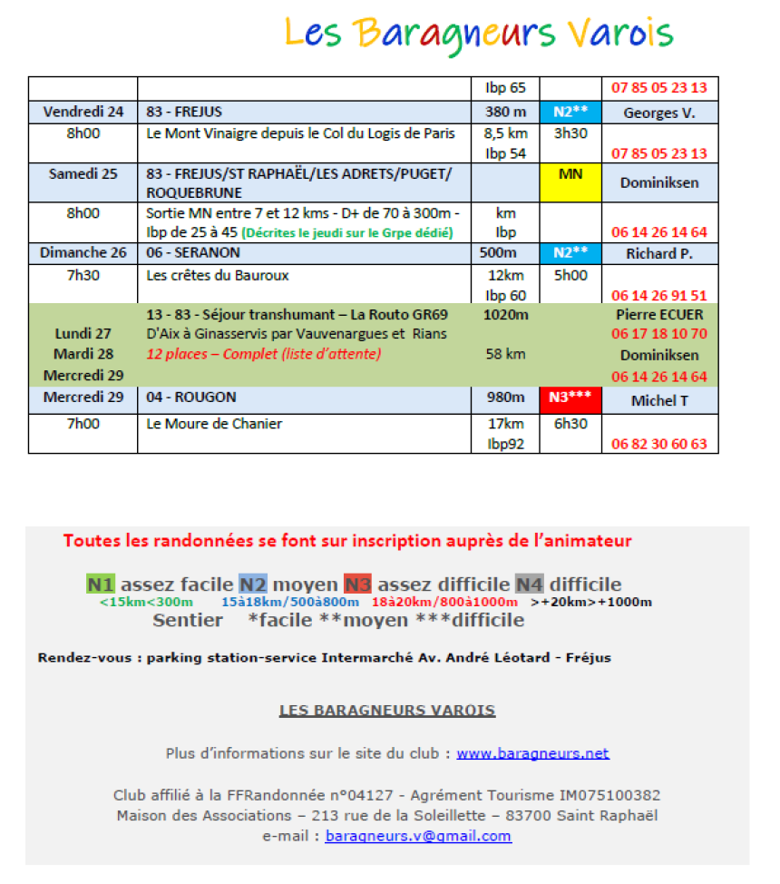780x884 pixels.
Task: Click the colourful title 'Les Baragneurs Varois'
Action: pos(479,34)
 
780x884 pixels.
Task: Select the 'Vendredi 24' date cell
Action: pos(83,113)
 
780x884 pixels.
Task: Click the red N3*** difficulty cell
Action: pos(570,398)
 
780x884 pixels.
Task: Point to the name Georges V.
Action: pos(659,113)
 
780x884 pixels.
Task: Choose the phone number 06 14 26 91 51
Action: pos(659,295)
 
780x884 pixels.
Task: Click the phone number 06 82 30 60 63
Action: pos(659,444)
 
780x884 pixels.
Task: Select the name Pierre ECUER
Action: pos(659,315)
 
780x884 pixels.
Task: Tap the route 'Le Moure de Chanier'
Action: pos(215,424)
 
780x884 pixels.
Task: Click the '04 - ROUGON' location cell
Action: pos(191,398)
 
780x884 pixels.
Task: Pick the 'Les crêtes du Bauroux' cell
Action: pos(218,275)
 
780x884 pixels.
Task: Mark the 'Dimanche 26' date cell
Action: pos(83,253)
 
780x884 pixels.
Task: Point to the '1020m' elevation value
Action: pos(505,315)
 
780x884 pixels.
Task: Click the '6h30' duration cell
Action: pos(570,424)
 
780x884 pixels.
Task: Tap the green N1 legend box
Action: pos(99,584)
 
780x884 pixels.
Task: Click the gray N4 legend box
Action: pos(530,584)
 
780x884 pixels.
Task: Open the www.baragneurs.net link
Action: pos(532,753)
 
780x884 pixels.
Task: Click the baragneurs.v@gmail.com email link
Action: pos(418,836)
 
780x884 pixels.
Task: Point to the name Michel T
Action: pos(659,400)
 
